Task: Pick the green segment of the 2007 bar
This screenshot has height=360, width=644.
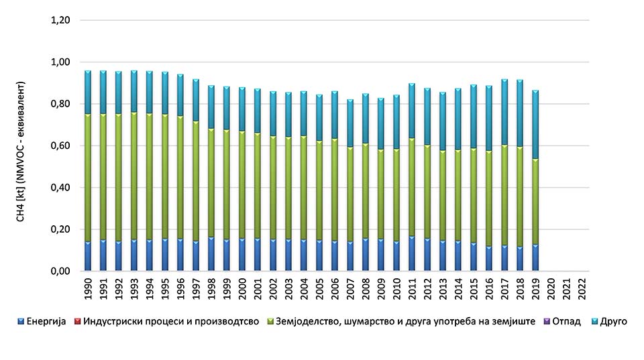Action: [x=350, y=194]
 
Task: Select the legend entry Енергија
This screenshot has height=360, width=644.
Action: [x=46, y=322]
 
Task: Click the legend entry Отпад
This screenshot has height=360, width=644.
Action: [x=561, y=322]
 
